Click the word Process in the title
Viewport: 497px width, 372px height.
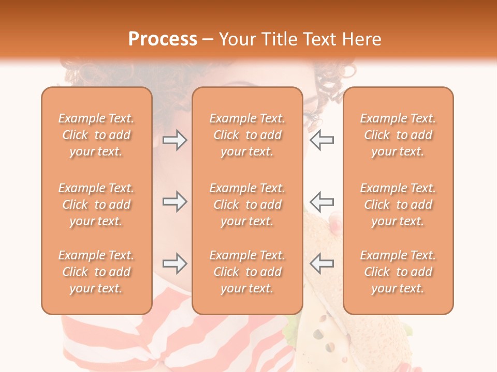[163, 39]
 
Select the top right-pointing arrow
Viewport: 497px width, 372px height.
[174, 140]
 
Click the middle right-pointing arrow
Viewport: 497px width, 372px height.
[174, 202]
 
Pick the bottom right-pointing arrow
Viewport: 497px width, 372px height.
[174, 263]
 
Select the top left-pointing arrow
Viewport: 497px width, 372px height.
[321, 140]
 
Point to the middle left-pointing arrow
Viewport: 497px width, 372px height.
[321, 202]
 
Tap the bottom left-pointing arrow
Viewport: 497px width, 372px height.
[321, 263]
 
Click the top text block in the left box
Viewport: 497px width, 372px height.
[96, 135]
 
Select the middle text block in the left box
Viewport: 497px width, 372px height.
[96, 205]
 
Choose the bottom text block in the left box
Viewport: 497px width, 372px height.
[96, 272]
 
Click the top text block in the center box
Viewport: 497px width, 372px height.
[247, 135]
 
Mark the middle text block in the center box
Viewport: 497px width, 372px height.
[247, 205]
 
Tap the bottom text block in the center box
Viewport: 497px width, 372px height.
[247, 272]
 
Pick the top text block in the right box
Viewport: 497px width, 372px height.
[398, 135]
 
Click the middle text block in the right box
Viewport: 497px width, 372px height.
[398, 205]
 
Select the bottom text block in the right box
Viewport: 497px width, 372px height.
[398, 272]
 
